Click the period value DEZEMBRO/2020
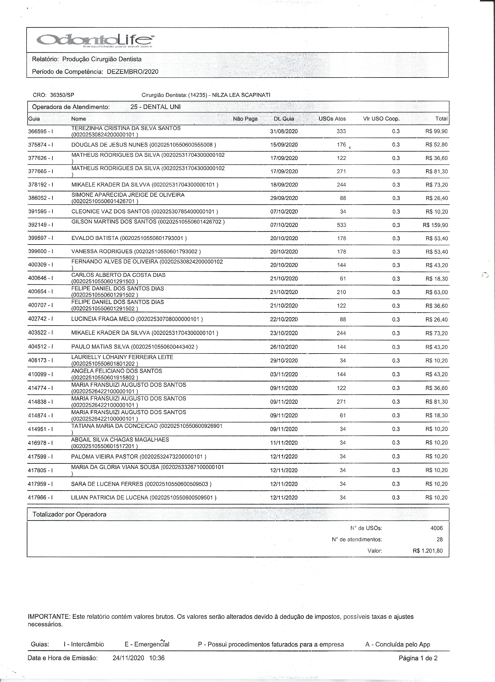pyautogui.click(x=132, y=72)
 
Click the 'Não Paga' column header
pyautogui.click(x=245, y=119)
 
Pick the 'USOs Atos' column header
pyautogui.click(x=332, y=119)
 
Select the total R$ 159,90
pyautogui.click(x=435, y=225)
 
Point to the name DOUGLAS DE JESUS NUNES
pyautogui.click(x=110, y=145)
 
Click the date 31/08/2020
pyautogui.click(x=284, y=131)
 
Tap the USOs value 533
pyautogui.click(x=342, y=225)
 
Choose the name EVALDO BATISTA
pyautogui.click(x=95, y=238)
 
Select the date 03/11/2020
pyautogui.click(x=284, y=375)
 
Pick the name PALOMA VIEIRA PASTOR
pyautogui.click(x=105, y=456)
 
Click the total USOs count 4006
pyautogui.click(x=436, y=528)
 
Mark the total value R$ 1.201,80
pyautogui.click(x=427, y=551)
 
